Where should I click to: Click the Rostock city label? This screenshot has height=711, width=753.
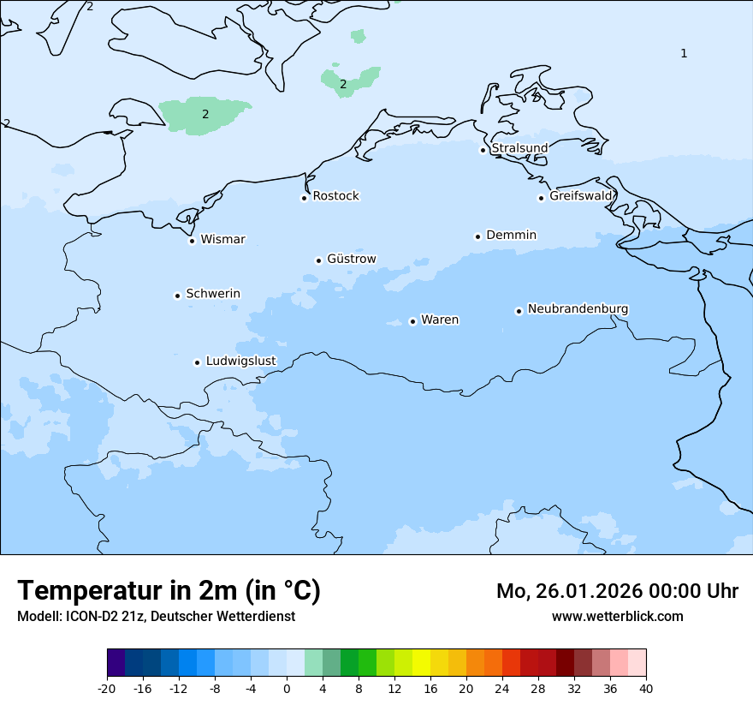tap(335, 196)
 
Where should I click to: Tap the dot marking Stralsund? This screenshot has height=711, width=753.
tap(483, 150)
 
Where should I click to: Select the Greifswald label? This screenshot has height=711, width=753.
tap(581, 196)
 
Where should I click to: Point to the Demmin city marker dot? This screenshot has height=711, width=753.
tap(477, 236)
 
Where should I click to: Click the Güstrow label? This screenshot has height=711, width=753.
tap(351, 259)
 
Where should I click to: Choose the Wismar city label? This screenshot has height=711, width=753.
tap(222, 239)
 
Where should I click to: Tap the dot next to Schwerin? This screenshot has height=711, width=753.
tap(177, 296)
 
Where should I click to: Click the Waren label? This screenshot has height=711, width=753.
tap(440, 320)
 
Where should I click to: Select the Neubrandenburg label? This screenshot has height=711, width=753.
tap(578, 308)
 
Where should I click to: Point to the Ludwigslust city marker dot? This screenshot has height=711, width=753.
tap(197, 362)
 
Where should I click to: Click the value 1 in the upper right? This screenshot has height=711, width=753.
tap(683, 54)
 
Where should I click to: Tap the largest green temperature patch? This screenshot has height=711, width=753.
tap(204, 114)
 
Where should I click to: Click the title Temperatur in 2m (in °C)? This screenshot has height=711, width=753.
tap(169, 591)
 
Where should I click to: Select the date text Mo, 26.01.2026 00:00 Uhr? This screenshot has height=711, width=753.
tap(617, 591)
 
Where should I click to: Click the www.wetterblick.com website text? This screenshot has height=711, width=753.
tap(617, 616)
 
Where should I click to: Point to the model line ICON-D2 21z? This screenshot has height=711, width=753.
tap(156, 616)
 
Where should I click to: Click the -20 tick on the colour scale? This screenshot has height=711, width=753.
tap(107, 689)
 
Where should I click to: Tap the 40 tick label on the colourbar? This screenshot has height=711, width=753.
tap(645, 689)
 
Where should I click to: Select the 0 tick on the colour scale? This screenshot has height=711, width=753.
tap(287, 689)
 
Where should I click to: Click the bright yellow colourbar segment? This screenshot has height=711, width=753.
tap(421, 663)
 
